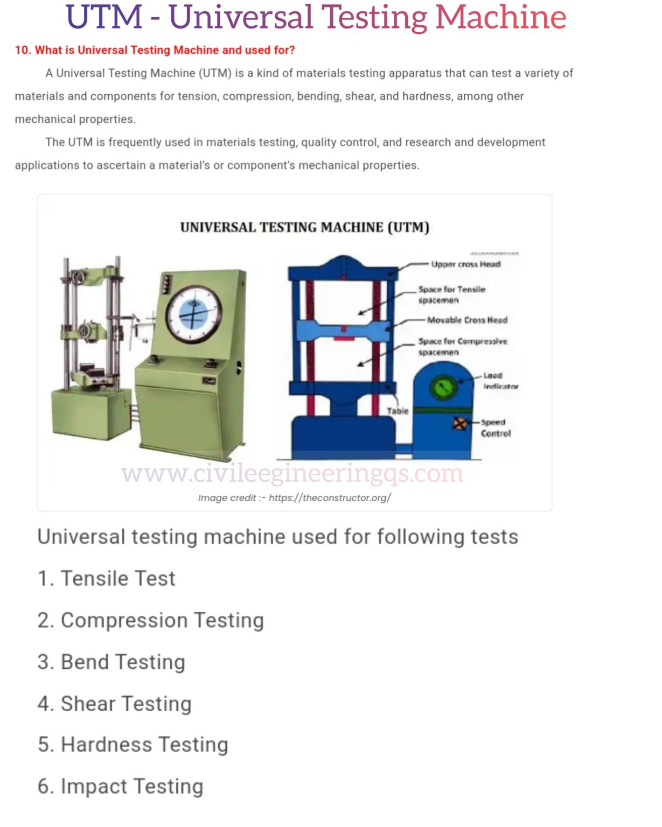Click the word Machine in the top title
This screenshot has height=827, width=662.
(x=500, y=17)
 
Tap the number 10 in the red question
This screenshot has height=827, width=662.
(x=22, y=51)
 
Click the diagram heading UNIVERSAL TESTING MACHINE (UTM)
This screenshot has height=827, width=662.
(x=304, y=227)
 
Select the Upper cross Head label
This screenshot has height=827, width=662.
(x=465, y=264)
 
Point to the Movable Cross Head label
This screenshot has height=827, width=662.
(x=467, y=320)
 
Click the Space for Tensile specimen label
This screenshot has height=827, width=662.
(x=451, y=295)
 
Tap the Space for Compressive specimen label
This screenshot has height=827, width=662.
(x=462, y=347)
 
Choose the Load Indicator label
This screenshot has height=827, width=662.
(x=500, y=381)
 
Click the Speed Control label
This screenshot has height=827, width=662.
(x=495, y=428)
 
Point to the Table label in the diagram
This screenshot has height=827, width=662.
(x=398, y=411)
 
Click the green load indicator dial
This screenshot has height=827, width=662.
(x=443, y=387)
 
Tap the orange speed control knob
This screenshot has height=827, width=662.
(x=459, y=424)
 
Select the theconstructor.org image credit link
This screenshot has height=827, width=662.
(x=330, y=498)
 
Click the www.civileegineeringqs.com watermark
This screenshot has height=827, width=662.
(x=292, y=474)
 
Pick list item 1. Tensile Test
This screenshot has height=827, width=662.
(x=107, y=579)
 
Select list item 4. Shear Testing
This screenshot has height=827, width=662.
(x=115, y=704)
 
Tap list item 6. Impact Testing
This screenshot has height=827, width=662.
(x=121, y=787)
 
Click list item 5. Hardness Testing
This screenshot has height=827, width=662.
(x=133, y=745)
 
